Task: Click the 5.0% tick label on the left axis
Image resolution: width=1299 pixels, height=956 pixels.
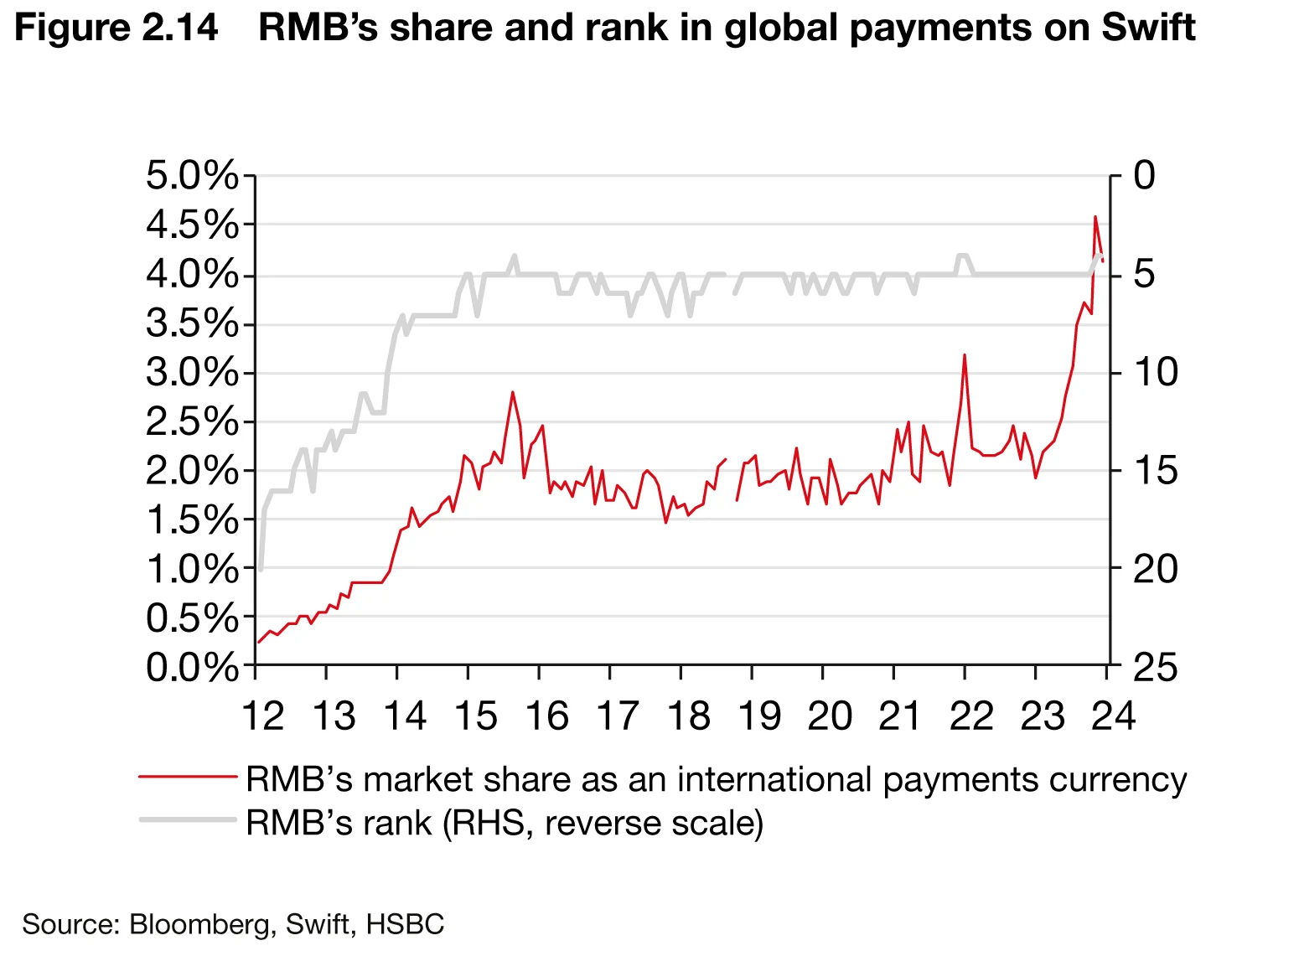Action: pos(192,177)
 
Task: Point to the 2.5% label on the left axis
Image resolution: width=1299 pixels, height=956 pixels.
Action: pos(192,422)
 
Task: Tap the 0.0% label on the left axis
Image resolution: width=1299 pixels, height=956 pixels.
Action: pos(192,668)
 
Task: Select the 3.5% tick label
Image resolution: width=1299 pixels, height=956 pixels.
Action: pos(192,324)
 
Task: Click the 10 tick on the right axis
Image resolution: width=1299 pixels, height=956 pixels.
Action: pos(1155,372)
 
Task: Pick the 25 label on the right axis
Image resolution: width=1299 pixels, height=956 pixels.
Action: pos(1155,668)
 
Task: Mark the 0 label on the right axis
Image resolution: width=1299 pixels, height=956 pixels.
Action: pos(1144,177)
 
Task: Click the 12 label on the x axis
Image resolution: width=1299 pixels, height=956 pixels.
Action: pos(262,716)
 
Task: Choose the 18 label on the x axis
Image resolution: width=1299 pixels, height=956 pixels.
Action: pos(688,716)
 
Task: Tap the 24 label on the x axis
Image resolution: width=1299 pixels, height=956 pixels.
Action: pos(1114,716)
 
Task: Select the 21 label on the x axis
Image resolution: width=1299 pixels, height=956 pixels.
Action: pos(900,716)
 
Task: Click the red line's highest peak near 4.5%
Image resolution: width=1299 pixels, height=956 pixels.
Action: pos(1095,217)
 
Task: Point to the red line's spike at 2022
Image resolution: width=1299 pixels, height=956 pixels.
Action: pos(965,354)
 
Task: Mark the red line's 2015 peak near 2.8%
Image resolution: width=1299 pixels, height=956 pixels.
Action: pos(512,392)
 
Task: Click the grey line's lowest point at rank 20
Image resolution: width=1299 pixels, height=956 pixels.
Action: pos(261,569)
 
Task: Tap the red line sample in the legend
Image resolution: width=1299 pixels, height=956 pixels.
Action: pos(188,777)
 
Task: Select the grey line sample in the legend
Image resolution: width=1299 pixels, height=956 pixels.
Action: pos(188,819)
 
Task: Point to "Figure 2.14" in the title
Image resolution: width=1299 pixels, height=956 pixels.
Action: pos(116,28)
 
